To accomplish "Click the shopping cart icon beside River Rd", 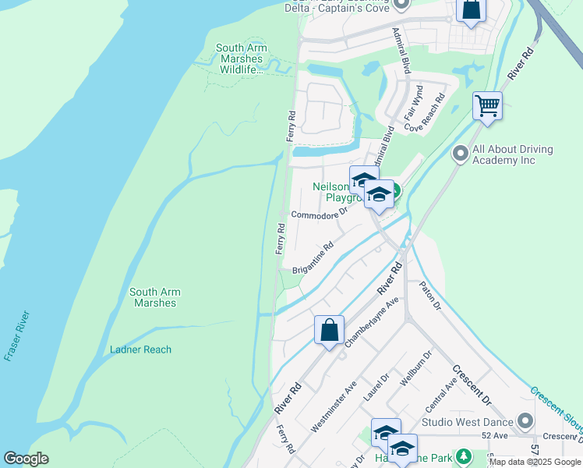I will (487, 105).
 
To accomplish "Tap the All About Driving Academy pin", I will (460, 154).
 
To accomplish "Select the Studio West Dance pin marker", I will (525, 422).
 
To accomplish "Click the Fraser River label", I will (16, 336).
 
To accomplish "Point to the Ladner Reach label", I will (140, 349).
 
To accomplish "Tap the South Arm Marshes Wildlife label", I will (241, 59).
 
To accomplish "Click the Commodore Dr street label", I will (318, 214).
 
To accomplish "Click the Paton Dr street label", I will (431, 296).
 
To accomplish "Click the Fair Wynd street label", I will (412, 104).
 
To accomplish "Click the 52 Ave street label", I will (495, 435).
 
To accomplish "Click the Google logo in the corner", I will (26, 459).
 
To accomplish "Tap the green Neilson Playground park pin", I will (394, 190).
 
